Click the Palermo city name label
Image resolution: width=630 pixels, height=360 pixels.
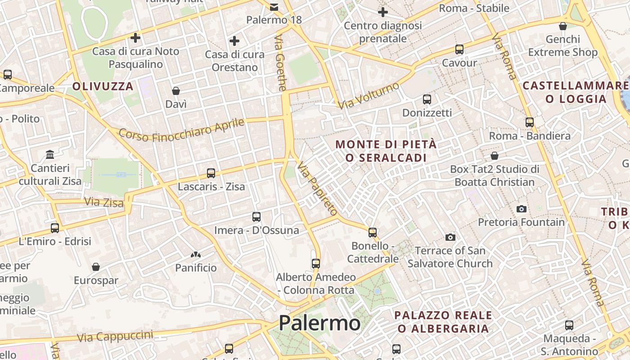tap(319, 323)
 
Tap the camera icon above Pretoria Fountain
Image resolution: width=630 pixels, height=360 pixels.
tap(522, 209)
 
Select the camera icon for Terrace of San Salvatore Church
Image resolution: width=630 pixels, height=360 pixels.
tap(450, 237)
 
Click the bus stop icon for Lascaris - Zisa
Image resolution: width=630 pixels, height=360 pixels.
tap(211, 173)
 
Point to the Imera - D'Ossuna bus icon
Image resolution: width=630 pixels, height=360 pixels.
tap(256, 217)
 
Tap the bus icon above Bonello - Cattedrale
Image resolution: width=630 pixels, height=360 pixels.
tap(373, 232)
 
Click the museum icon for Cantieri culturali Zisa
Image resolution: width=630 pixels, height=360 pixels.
tap(50, 155)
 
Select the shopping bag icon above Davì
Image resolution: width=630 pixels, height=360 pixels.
tap(176, 91)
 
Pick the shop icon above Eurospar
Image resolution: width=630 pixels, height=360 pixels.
tap(96, 267)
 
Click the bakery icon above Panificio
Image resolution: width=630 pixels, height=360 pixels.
tap(195, 255)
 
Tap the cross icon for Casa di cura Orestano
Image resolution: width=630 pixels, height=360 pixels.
tap(234, 41)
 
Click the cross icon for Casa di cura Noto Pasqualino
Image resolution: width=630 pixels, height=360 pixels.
tap(135, 38)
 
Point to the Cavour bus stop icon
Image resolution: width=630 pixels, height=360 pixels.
tap(459, 49)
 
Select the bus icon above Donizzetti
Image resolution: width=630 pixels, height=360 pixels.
tap(427, 99)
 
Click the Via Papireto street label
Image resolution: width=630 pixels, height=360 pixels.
tap(317, 188)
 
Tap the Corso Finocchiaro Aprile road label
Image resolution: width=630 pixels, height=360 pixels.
tap(182, 130)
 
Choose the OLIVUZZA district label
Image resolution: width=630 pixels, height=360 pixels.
tap(103, 86)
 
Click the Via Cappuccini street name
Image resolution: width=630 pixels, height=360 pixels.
tap(115, 336)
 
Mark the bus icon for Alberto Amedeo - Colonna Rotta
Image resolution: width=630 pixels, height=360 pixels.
tap(316, 264)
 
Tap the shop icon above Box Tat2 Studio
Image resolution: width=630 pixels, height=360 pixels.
tap(495, 156)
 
